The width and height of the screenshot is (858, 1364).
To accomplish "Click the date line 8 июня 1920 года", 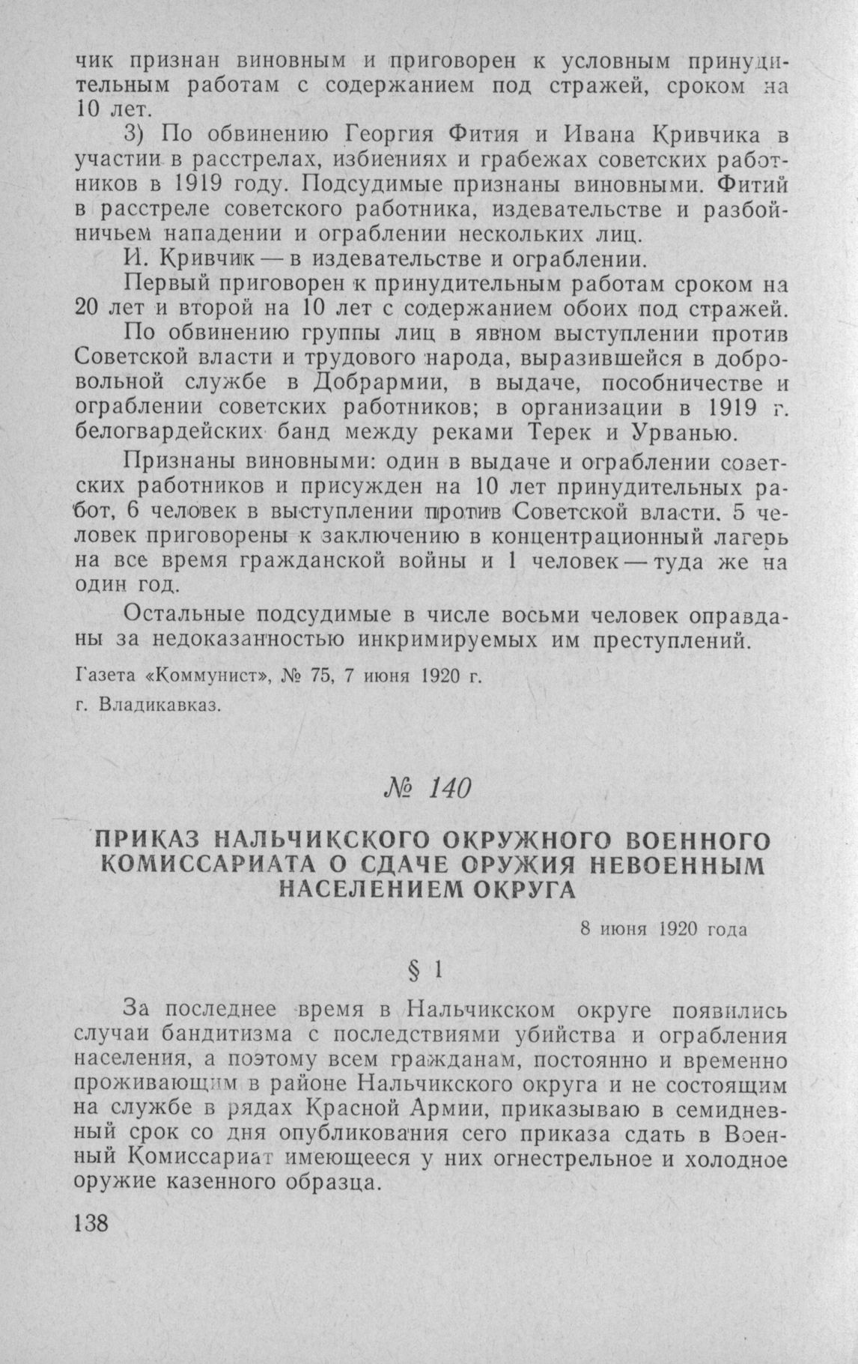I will tap(663, 930).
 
